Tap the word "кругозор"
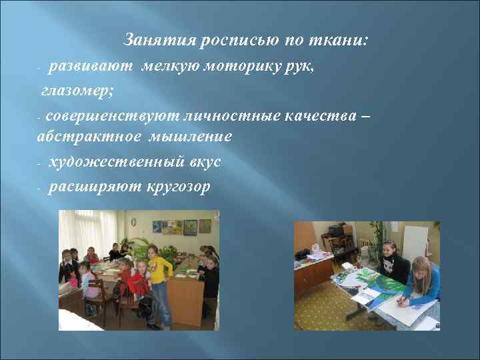177,187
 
